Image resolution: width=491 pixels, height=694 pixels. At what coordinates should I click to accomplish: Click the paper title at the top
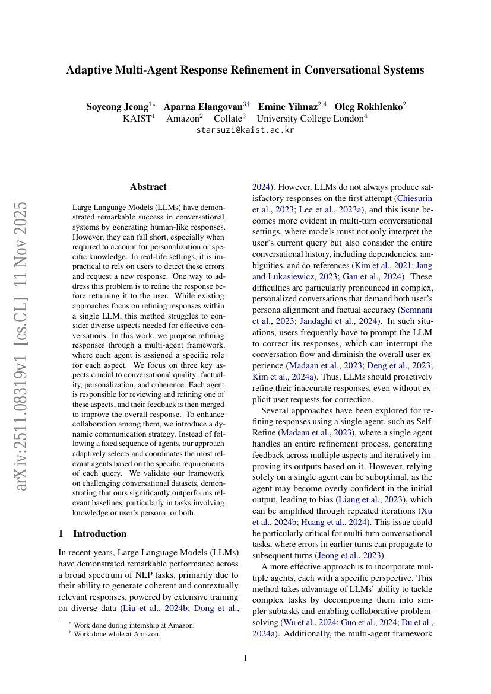[245, 70]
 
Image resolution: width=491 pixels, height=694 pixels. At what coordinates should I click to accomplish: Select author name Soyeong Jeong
[117, 107]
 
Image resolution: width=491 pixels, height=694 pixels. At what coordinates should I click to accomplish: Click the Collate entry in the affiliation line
[229, 118]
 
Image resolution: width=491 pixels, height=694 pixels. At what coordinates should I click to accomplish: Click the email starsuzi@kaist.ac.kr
[245, 130]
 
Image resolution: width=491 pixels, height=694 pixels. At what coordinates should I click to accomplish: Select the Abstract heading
[148, 187]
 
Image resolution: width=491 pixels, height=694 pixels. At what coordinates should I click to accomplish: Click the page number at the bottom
[245, 658]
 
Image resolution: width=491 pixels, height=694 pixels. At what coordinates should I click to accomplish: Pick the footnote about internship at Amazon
[134, 625]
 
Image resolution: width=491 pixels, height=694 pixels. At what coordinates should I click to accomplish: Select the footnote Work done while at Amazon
[116, 634]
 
